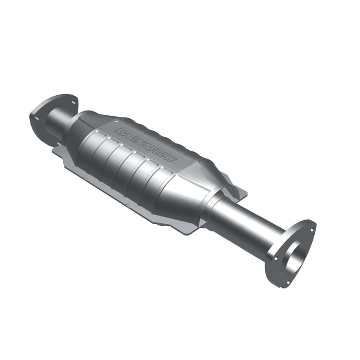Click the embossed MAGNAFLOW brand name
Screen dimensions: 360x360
pyautogui.click(x=146, y=146)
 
